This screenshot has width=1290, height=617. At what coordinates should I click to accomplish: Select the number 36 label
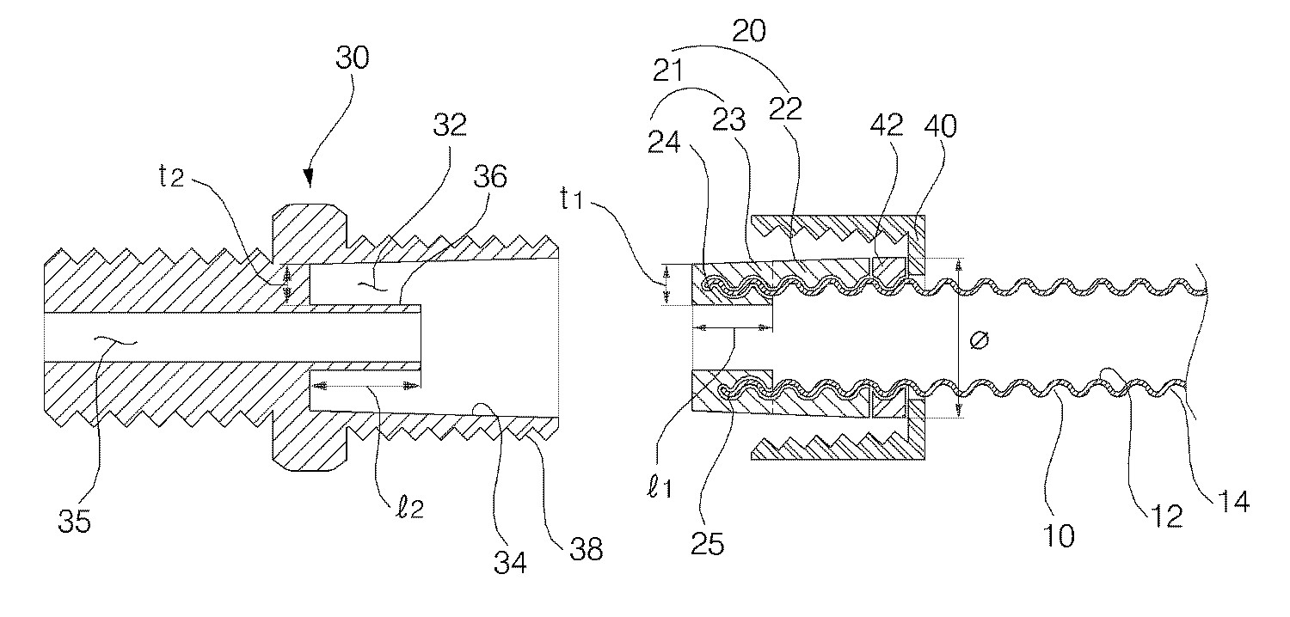490,178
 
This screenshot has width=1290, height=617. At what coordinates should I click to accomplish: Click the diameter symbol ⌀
978,340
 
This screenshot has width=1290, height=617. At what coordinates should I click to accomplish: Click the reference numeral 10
1060,536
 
